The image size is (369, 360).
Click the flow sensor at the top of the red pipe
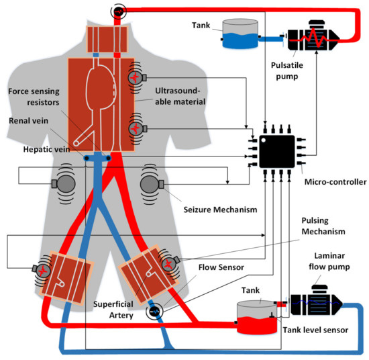tap(119, 11)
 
